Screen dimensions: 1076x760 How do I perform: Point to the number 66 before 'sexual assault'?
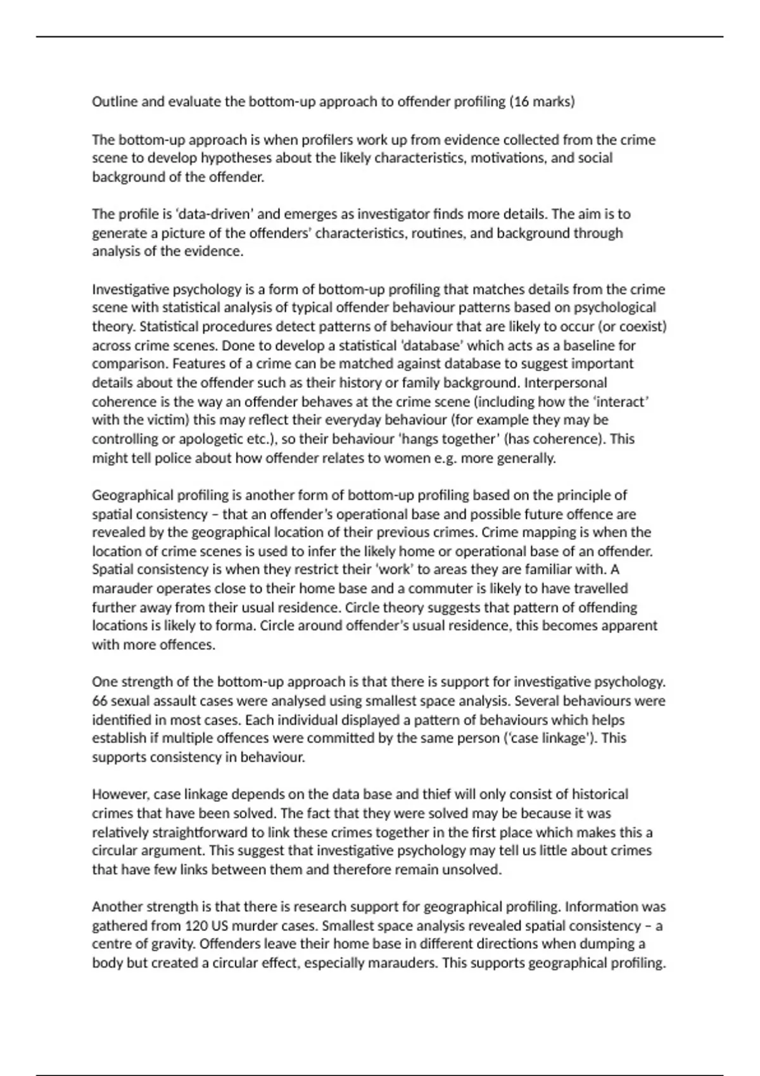(x=100, y=701)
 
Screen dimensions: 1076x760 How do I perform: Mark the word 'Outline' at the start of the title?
(x=115, y=102)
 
